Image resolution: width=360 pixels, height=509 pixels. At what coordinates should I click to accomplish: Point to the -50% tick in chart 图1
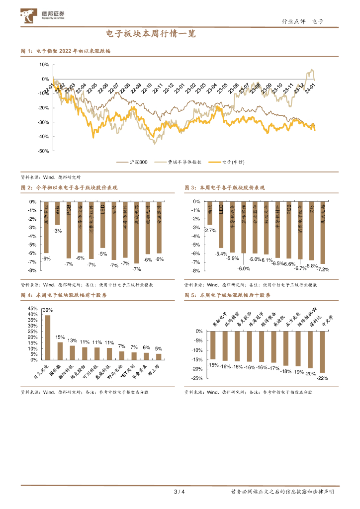pyautogui.click(x=43, y=151)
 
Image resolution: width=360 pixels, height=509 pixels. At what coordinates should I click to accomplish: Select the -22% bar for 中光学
pyautogui.click(x=322, y=351)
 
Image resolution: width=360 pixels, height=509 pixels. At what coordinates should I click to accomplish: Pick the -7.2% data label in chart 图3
pyautogui.click(x=323, y=269)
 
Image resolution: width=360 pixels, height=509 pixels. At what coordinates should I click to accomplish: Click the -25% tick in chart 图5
pyautogui.click(x=197, y=378)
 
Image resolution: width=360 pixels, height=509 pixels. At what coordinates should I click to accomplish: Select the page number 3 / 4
pyautogui.click(x=180, y=492)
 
